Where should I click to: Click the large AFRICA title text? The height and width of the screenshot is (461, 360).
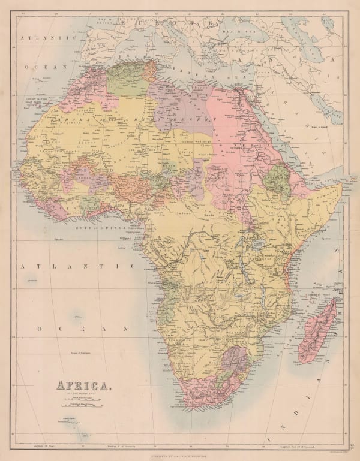point(83,385)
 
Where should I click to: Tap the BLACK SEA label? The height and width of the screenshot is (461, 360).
point(235,29)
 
